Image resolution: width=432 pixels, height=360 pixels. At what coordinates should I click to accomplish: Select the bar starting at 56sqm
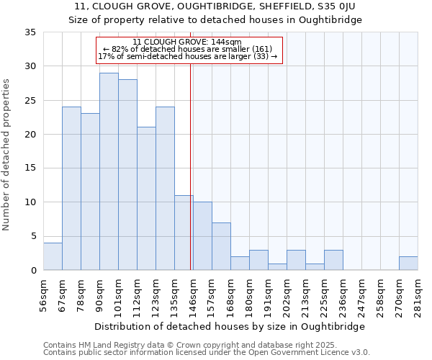(53, 256)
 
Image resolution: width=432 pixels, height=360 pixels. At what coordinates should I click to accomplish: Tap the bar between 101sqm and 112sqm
(127, 175)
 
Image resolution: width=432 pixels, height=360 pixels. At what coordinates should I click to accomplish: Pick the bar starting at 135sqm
(184, 233)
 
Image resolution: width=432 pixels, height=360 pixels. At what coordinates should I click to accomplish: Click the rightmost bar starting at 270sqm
(408, 264)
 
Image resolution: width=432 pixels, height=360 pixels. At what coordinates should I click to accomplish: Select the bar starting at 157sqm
(221, 246)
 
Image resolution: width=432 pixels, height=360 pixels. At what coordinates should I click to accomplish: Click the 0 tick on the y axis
(33, 271)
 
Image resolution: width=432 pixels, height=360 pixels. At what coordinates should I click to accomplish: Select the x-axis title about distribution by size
(230, 326)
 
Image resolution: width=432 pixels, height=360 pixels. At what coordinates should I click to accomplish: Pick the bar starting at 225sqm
(333, 260)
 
